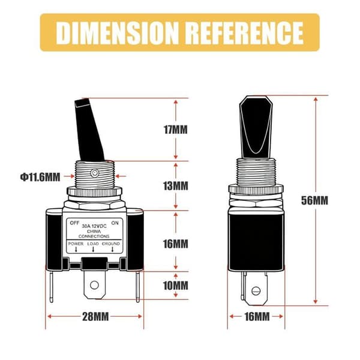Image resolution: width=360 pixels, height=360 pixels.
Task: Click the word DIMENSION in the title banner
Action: tap(117, 32)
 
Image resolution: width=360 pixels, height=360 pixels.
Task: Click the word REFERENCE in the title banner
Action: tap(245, 32)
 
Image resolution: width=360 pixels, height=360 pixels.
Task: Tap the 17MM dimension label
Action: tap(176, 130)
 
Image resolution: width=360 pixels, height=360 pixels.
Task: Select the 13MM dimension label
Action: tap(176, 186)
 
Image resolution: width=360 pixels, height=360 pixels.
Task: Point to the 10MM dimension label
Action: tap(176, 286)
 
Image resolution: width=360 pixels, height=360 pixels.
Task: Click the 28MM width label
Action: tap(95, 317)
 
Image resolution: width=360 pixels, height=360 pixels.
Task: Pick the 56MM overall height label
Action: tap(314, 200)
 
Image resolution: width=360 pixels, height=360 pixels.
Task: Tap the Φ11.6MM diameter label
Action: tap(40, 177)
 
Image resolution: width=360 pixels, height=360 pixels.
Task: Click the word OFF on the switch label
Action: tap(74, 223)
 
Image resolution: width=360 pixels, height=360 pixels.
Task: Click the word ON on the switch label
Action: tap(115, 223)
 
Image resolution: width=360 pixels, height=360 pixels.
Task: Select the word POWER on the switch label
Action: tap(76, 244)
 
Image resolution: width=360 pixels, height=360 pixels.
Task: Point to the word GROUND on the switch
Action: tap(111, 244)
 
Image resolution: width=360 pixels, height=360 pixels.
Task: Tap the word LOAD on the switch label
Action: tap(93, 244)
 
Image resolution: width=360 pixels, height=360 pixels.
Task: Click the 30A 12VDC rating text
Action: tap(94, 226)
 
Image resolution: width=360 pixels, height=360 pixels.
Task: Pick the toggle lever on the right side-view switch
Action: tap(256, 127)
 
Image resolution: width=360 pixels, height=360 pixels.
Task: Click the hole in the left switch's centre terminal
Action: tap(94, 285)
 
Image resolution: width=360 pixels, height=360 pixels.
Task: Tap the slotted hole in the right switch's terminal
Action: tap(256, 291)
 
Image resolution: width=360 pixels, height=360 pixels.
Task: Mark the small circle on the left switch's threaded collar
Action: tap(95, 173)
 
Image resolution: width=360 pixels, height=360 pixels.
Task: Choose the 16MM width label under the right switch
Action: tap(257, 317)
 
